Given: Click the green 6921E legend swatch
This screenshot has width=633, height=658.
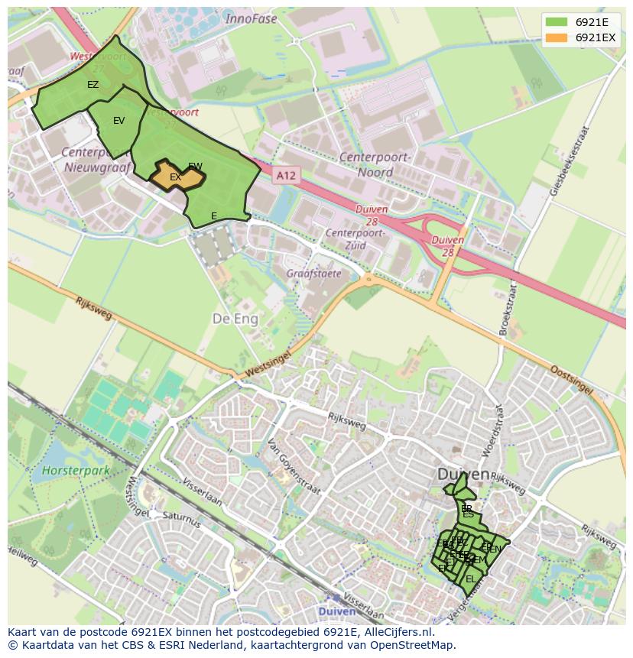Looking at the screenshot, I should (557, 22).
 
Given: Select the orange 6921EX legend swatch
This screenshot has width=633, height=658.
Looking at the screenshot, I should (557, 37).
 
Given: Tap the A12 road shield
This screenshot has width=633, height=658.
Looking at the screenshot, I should (285, 176).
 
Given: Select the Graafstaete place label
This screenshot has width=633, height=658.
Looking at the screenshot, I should (313, 273).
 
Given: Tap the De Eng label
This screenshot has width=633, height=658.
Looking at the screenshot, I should (235, 319).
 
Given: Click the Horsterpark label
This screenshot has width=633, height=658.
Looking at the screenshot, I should (76, 471).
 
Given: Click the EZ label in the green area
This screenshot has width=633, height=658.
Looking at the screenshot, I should (93, 85).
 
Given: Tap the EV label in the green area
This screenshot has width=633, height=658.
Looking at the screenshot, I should (118, 121).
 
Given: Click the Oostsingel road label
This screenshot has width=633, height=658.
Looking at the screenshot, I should (571, 380).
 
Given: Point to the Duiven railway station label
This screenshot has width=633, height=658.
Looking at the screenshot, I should (337, 612).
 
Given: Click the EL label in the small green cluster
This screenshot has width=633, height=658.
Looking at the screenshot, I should (470, 579).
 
